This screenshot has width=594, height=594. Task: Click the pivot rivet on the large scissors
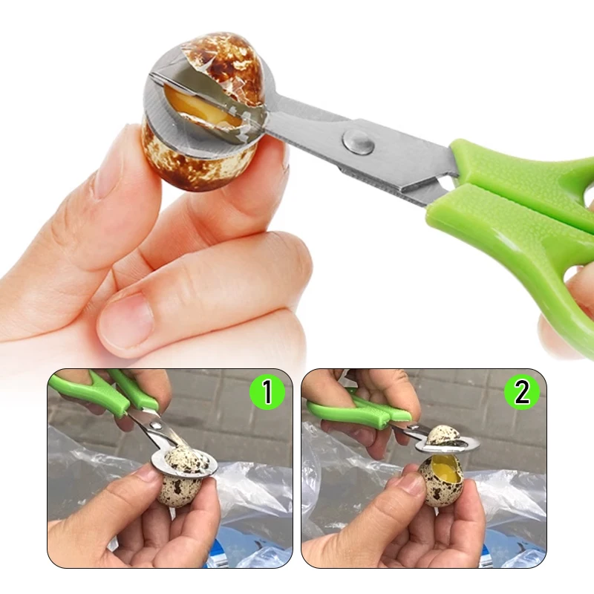point(358,142)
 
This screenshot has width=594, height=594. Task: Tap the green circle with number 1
point(267,393)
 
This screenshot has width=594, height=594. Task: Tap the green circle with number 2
point(522,393)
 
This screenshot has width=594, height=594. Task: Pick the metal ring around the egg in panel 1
point(184,463)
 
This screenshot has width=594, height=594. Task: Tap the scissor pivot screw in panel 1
point(155,425)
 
